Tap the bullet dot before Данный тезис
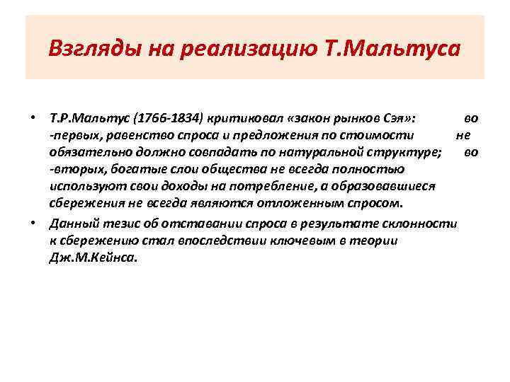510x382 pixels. pyautogui.click(x=33, y=223)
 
